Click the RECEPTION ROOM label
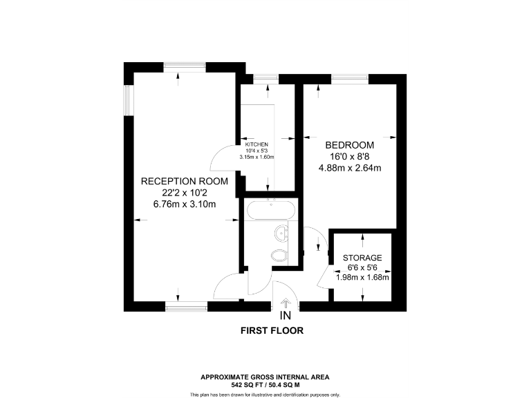(179, 181)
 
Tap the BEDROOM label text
(350, 145)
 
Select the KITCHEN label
(257, 144)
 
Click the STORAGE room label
(362, 258)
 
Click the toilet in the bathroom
(280, 256)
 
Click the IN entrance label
(285, 316)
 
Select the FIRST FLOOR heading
(272, 331)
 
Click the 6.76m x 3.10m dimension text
(185, 204)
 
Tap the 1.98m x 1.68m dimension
(363, 278)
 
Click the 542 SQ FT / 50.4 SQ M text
(265, 384)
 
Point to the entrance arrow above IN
(285, 302)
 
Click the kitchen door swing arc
(223, 160)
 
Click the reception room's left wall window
(127, 99)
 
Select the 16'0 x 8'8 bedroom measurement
(350, 157)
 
